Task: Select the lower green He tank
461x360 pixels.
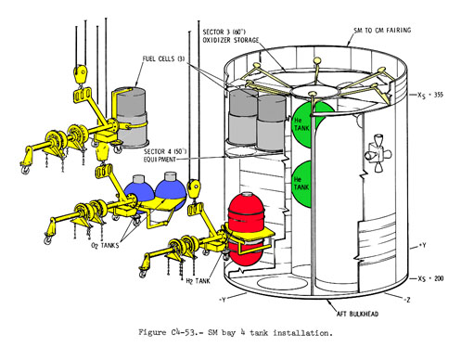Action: pos(301,184)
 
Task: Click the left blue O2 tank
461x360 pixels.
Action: pos(137,193)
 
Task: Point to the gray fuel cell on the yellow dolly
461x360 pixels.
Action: pos(131,117)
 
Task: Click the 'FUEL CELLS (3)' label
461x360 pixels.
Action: pos(163,58)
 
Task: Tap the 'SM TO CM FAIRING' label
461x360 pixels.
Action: pos(382,31)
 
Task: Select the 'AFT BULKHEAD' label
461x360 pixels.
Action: pos(357,314)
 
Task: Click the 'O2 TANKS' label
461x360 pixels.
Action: pos(105,245)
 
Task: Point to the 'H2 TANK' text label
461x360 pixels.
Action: pos(198,281)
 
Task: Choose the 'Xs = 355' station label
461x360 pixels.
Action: pos(430,95)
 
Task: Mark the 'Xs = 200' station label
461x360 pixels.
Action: pos(430,278)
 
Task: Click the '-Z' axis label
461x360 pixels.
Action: pos(407,300)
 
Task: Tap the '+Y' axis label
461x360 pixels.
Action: pos(422,246)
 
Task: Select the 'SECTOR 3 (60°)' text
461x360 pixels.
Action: pos(224,32)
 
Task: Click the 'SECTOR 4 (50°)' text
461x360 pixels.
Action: pos(165,151)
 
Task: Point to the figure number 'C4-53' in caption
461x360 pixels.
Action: pos(184,333)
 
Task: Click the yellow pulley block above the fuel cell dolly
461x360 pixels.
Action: pos(81,73)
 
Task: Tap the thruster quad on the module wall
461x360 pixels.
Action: pos(378,154)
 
